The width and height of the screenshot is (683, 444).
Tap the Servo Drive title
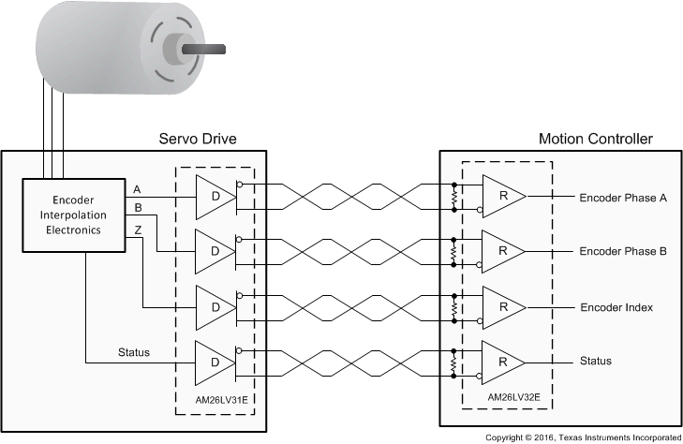pos(198,140)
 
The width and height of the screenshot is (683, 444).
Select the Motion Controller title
pos(595,140)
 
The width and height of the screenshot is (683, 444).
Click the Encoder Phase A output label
pos(622,198)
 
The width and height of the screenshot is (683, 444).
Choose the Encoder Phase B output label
pos(622,252)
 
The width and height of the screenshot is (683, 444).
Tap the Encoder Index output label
pos(616,307)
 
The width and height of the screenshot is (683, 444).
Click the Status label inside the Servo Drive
pos(134,352)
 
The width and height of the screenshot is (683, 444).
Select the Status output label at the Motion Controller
pos(596,362)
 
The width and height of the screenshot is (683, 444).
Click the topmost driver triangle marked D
pos(213,198)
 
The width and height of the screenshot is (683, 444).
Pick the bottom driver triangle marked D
pos(213,362)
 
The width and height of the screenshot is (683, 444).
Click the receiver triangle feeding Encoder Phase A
pos(501,198)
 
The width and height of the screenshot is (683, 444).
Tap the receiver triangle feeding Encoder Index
pos(501,307)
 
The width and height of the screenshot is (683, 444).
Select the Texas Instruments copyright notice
pos(582,437)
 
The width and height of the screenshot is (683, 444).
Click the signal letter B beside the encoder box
pos(139,207)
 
